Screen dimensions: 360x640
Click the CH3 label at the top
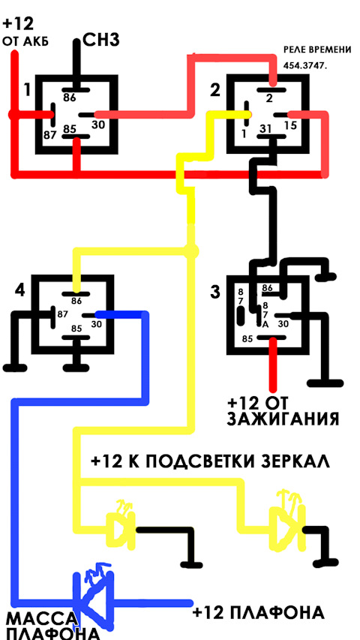pyautogui.click(x=101, y=41)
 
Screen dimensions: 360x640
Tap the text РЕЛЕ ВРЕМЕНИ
pyautogui.click(x=317, y=50)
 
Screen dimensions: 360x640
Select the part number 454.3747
pyautogui.click(x=305, y=65)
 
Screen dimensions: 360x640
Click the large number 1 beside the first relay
pyautogui.click(x=27, y=89)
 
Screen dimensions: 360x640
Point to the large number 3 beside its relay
pyautogui.click(x=215, y=293)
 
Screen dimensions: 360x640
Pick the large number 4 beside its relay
pyautogui.click(x=20, y=290)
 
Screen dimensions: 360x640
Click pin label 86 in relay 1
pyautogui.click(x=70, y=97)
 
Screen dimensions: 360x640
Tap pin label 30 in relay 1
pyautogui.click(x=98, y=125)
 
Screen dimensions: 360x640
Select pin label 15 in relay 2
pyautogui.click(x=290, y=127)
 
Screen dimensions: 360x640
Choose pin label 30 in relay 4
pyautogui.click(x=96, y=324)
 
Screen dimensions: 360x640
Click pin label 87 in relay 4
pyautogui.click(x=62, y=314)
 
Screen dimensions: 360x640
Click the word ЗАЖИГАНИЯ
pyautogui.click(x=283, y=419)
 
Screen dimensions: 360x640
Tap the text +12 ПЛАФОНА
pyautogui.click(x=258, y=613)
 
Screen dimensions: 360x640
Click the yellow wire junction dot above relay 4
pyautogui.click(x=191, y=251)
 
